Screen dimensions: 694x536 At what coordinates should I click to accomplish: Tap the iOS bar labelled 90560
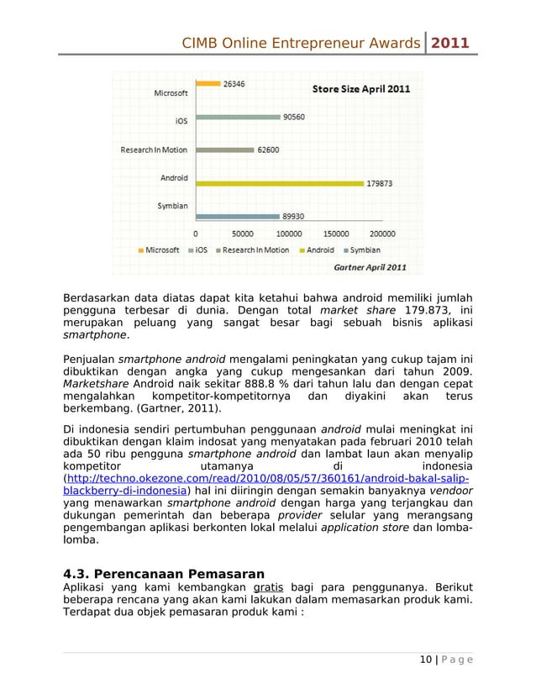239,118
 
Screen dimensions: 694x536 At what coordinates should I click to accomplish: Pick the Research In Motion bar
225,150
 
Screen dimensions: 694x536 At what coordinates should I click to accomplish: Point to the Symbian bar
238,215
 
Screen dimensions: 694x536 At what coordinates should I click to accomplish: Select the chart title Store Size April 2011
361,89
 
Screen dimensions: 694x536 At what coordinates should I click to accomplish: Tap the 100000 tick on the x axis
290,234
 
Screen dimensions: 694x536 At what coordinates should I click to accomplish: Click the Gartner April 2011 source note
370,267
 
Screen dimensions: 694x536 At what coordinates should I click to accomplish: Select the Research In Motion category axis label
154,150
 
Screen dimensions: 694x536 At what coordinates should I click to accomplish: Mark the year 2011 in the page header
451,42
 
